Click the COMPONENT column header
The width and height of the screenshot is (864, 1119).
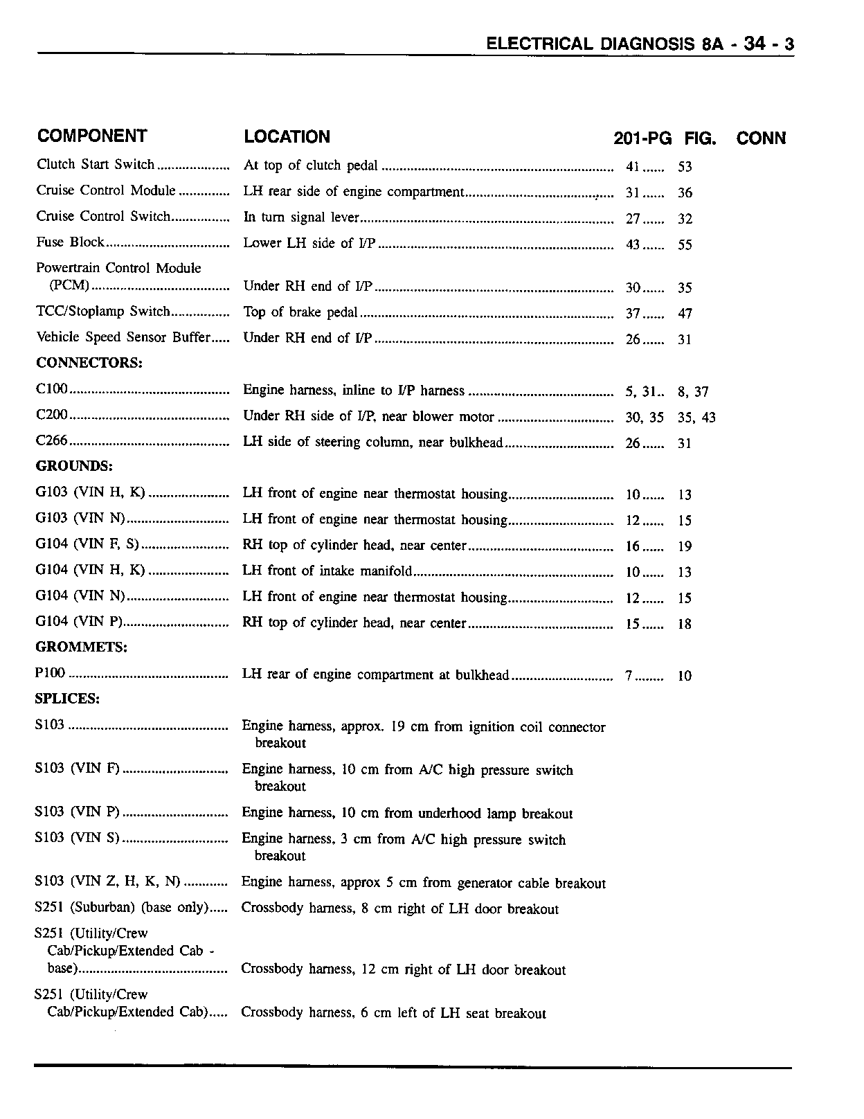[92, 136]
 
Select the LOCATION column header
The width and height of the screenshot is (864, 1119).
[287, 136]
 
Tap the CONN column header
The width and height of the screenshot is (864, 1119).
[761, 138]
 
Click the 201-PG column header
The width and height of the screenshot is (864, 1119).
[642, 138]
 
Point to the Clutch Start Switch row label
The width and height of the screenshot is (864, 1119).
[96, 164]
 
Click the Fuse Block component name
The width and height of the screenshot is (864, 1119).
[70, 242]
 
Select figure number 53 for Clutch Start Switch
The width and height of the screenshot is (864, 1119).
[685, 167]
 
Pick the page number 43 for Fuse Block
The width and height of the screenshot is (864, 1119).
[633, 244]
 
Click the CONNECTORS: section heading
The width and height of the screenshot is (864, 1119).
[89, 363]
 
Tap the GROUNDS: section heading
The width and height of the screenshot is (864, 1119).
[74, 465]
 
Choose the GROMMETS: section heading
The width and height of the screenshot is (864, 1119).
[81, 647]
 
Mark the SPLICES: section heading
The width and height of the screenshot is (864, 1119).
[67, 699]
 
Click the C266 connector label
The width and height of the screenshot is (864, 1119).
[51, 441]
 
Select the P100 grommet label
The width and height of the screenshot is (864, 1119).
[50, 673]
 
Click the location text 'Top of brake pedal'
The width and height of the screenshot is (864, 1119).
[300, 312]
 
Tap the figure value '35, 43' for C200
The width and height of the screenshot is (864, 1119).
[696, 418]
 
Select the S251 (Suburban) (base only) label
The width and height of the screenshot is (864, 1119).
[121, 907]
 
